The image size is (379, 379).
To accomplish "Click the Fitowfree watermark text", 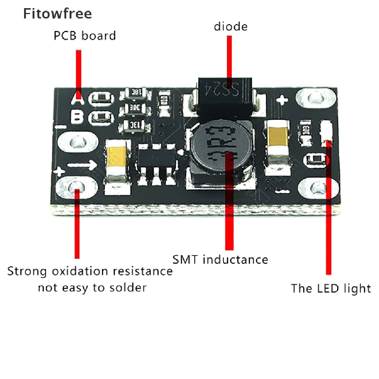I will coord(57,14).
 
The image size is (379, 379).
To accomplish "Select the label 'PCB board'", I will coord(85,36).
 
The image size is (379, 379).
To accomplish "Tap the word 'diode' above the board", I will coord(230,27).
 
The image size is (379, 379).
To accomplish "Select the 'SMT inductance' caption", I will coord(220,259).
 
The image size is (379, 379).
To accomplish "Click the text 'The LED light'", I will coord(331,288).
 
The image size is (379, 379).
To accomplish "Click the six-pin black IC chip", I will coord(156,162).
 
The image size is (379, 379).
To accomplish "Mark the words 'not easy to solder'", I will coord(92,287).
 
